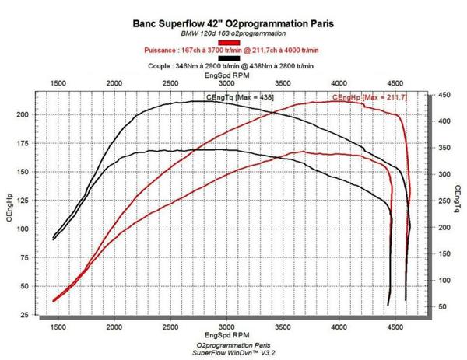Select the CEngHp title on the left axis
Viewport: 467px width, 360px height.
[x=10, y=208]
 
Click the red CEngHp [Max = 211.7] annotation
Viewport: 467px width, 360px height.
[x=370, y=96]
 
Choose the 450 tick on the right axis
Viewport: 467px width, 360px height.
[x=443, y=95]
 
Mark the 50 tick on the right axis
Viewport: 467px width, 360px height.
[x=441, y=307]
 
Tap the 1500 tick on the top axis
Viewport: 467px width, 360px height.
[x=58, y=82]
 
